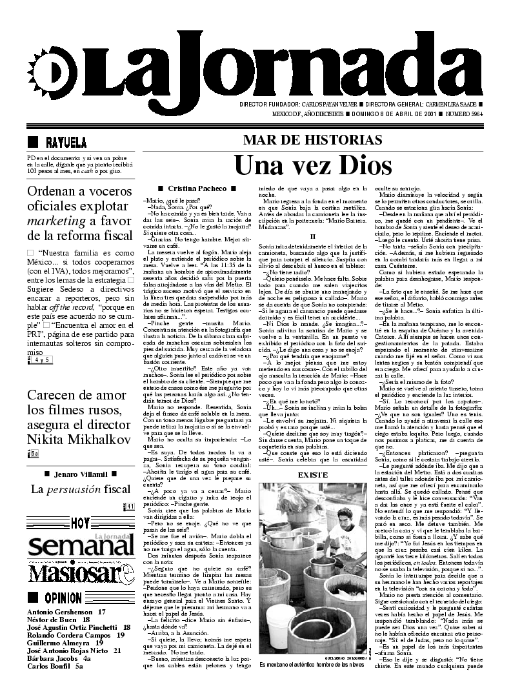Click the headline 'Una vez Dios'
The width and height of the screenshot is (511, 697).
pyautogui.click(x=313, y=165)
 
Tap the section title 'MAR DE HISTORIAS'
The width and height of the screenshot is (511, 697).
pyautogui.click(x=312, y=140)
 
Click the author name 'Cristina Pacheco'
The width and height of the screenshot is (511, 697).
pyautogui.click(x=188, y=188)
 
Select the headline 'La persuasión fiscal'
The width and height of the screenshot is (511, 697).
pyautogui.click(x=81, y=489)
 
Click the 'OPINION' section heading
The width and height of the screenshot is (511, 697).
pyautogui.click(x=63, y=598)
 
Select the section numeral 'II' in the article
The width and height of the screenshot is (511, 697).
pyautogui.click(x=312, y=236)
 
